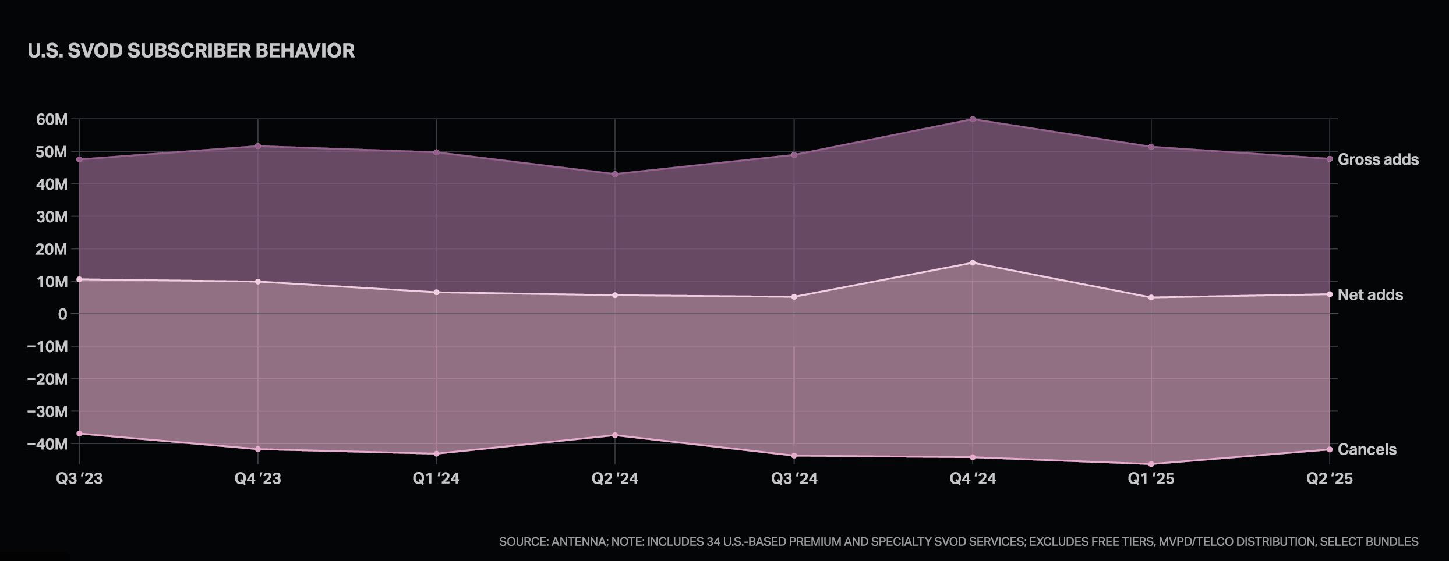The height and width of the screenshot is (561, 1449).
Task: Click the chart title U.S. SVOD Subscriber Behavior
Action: click(x=191, y=51)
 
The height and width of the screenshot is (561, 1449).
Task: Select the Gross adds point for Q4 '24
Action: click(x=973, y=119)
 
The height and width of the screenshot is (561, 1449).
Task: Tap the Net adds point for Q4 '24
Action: click(x=973, y=263)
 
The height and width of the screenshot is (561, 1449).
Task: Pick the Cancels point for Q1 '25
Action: click(x=1151, y=464)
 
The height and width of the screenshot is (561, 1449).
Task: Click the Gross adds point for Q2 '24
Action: click(x=615, y=174)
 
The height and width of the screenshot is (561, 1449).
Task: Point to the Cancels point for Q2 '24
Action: click(x=615, y=435)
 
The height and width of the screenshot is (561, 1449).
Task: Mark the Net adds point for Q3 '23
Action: click(x=79, y=279)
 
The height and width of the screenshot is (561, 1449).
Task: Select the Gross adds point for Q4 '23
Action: click(x=258, y=146)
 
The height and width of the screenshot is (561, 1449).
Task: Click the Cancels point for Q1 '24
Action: click(x=436, y=454)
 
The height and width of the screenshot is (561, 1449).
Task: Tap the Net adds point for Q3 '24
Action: click(x=794, y=297)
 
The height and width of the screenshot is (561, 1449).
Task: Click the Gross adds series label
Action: click(x=1378, y=159)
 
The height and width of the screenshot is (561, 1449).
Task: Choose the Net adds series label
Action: click(x=1370, y=295)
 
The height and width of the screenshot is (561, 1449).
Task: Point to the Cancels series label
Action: click(x=1367, y=449)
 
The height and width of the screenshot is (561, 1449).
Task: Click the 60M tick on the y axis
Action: click(x=52, y=119)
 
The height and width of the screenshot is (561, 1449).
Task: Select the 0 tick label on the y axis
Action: click(x=63, y=314)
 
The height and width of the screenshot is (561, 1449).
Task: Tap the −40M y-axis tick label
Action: click(x=48, y=444)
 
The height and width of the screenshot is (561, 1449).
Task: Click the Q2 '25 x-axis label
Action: click(x=1329, y=478)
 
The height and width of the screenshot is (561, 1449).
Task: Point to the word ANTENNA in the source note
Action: click(x=578, y=542)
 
